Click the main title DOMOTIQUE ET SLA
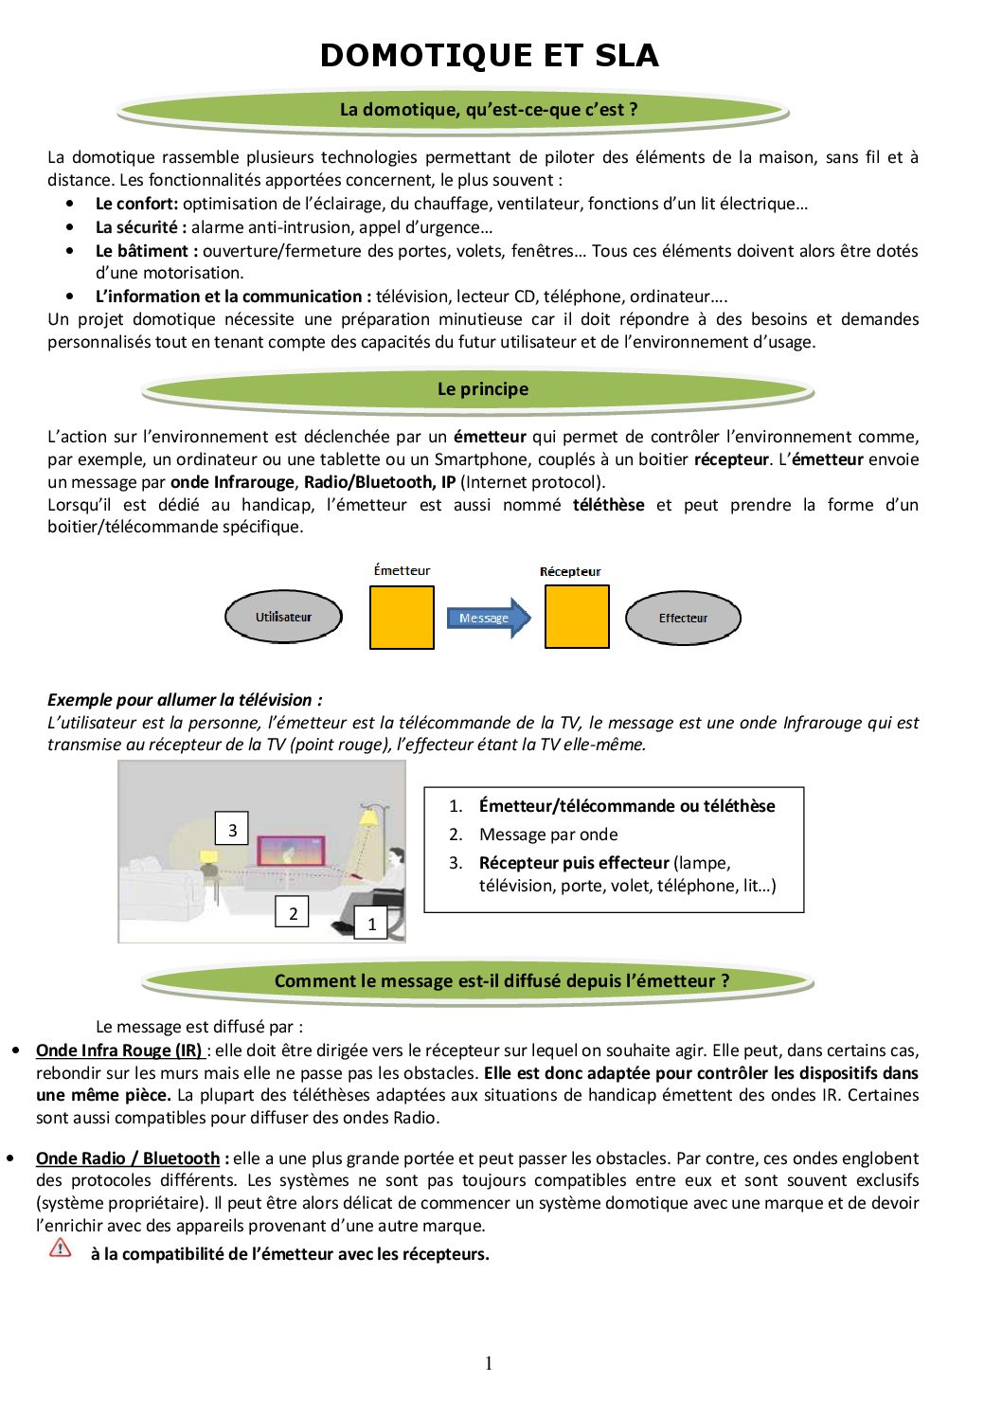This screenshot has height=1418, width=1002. (489, 55)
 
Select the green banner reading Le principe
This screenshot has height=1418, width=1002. (482, 389)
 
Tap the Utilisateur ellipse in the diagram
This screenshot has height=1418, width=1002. (283, 618)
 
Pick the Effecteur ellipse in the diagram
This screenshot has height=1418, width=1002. (683, 619)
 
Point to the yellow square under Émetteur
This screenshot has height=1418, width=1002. (402, 618)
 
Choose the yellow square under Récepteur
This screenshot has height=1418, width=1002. (577, 617)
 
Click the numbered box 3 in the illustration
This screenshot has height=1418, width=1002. (232, 831)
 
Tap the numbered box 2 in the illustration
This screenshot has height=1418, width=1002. (293, 912)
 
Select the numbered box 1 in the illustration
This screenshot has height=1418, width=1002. (371, 924)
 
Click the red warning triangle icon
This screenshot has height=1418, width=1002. (61, 1247)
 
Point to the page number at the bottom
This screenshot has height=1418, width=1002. (489, 1363)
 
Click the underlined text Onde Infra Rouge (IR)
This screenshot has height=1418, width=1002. (119, 1050)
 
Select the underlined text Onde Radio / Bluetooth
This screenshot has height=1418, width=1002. (128, 1158)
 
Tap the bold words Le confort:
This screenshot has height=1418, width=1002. (136, 204)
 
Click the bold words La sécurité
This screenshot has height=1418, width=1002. (136, 227)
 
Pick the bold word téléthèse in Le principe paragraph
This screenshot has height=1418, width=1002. (608, 505)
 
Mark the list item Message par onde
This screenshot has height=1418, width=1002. (548, 835)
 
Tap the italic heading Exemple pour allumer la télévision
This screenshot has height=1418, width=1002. (185, 700)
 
